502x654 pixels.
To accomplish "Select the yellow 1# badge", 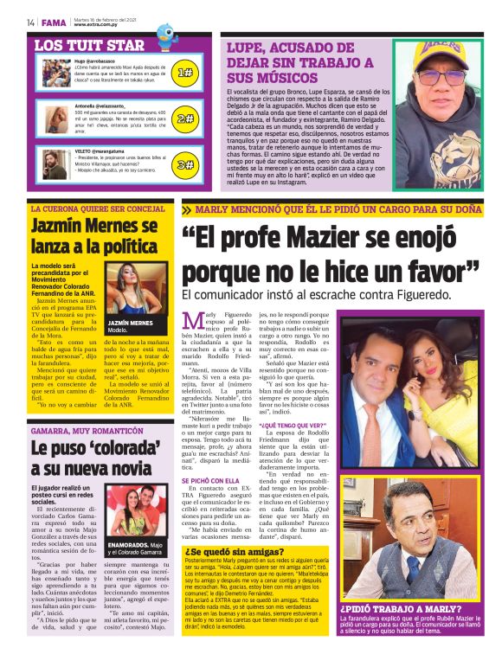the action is tap(184, 73).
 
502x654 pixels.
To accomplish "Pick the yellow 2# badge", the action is tap(184, 119).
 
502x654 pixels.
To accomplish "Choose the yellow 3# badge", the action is tap(184, 164).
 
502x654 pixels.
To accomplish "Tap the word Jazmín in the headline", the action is tap(62, 227).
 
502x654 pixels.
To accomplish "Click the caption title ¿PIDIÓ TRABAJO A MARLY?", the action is tap(393, 609).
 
